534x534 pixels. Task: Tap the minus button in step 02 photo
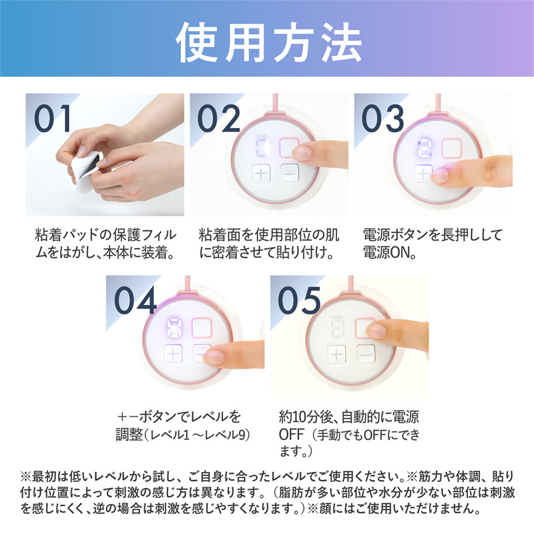pyautogui.click(x=290, y=172)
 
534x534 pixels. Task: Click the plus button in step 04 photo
pyautogui.click(x=174, y=354)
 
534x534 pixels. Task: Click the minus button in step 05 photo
pyautogui.click(x=366, y=353)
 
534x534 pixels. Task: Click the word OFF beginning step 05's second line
pyautogui.click(x=292, y=435)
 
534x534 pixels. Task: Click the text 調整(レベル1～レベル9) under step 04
pyautogui.click(x=182, y=435)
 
